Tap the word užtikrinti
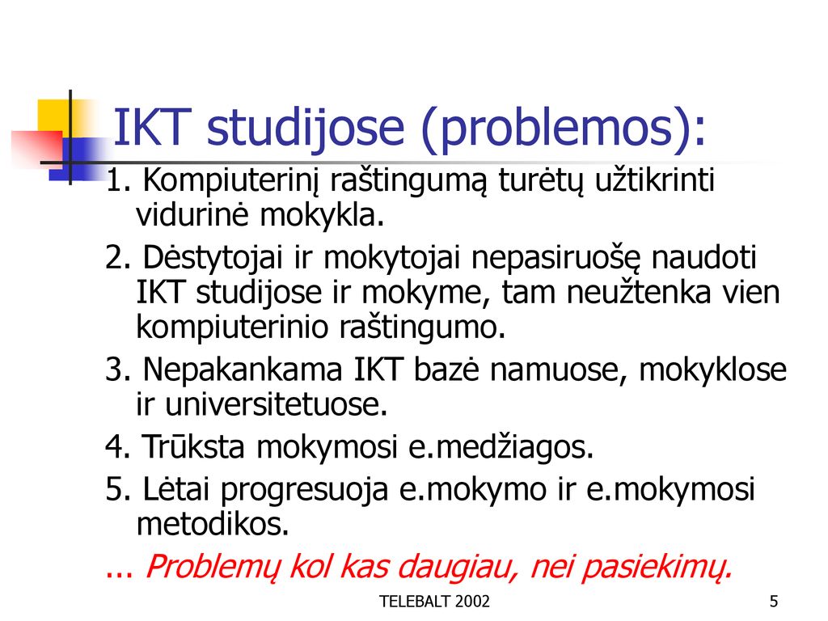(654, 180)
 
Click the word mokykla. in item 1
(321, 215)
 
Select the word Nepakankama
(243, 369)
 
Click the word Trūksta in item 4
(193, 446)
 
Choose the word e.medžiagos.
(501, 446)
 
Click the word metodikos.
(213, 524)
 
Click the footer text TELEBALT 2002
(434, 601)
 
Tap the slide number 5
(774, 601)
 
